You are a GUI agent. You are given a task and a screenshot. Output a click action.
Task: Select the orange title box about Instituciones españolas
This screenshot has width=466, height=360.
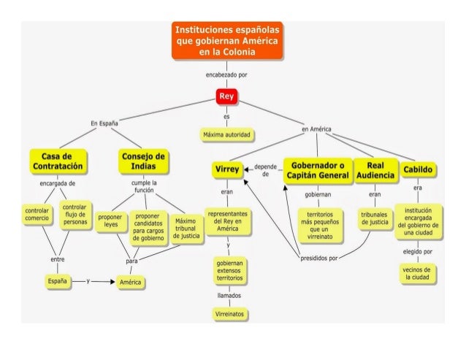tap(227, 42)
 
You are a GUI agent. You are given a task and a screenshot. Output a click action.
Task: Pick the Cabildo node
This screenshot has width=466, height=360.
tap(420, 170)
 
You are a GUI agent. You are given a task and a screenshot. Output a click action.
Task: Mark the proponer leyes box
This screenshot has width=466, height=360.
tap(111, 221)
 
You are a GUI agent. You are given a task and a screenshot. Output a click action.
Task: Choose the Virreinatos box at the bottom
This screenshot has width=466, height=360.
tap(227, 314)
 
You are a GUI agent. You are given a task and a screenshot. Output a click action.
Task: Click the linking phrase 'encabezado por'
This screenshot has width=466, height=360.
tap(227, 74)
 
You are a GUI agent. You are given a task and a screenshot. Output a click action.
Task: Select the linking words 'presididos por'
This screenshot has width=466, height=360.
tap(318, 258)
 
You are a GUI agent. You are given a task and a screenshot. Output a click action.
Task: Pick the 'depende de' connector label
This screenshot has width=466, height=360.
tap(264, 170)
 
